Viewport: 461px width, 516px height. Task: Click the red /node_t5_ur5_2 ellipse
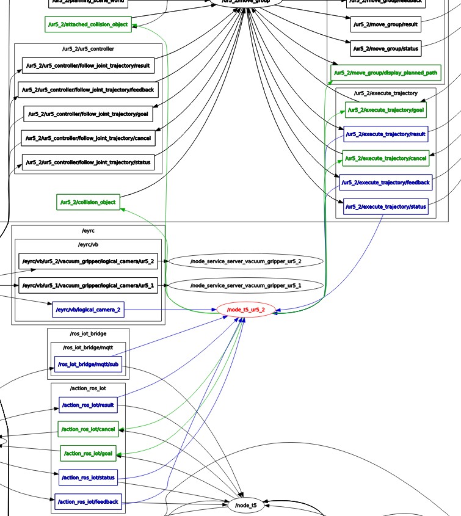click(245, 310)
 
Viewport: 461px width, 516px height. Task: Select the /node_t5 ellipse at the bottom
click(246, 506)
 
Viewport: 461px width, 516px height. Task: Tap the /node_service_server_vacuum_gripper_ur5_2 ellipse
click(245, 261)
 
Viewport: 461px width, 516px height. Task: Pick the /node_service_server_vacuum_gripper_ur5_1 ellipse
click(245, 286)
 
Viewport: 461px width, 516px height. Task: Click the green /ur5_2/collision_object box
click(87, 202)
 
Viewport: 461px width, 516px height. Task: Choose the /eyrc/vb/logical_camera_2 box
click(88, 310)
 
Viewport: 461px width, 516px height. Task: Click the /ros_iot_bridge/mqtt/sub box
click(89, 365)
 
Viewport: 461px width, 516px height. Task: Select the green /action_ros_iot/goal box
click(88, 453)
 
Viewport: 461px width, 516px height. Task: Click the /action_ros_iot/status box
click(88, 478)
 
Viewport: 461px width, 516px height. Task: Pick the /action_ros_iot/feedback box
click(88, 502)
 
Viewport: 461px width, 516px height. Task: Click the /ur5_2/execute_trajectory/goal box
click(385, 110)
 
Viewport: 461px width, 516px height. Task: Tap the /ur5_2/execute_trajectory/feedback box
click(386, 183)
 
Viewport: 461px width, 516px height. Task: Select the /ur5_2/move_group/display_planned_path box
click(385, 73)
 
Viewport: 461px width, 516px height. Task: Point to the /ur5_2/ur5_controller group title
click(88, 48)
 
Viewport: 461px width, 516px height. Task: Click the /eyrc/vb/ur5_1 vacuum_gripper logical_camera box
click(87, 286)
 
